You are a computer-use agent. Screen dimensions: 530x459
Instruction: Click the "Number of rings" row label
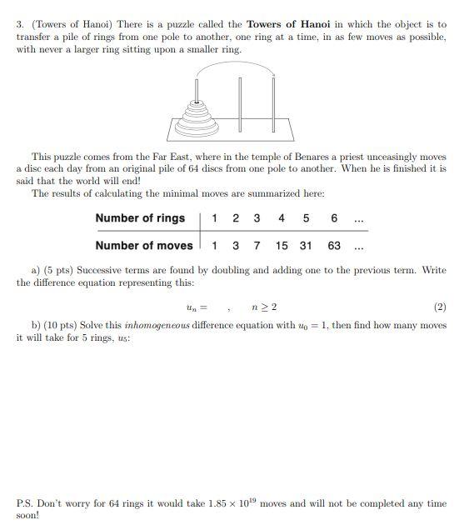click(x=140, y=218)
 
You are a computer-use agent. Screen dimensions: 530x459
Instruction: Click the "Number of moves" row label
click(x=143, y=245)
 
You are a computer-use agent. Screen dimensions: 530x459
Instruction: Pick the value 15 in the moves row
click(x=282, y=245)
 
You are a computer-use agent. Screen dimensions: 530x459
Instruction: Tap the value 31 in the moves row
click(x=306, y=245)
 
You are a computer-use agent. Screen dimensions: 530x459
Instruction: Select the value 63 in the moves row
click(x=333, y=245)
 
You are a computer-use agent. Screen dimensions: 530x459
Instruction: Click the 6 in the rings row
click(x=333, y=218)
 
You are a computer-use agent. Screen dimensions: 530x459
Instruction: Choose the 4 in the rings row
click(x=282, y=218)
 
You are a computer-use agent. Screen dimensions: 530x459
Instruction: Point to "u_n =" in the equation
click(x=197, y=307)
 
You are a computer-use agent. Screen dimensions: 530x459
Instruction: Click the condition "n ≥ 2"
click(x=264, y=307)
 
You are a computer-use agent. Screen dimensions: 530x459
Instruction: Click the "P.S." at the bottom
click(x=26, y=503)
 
